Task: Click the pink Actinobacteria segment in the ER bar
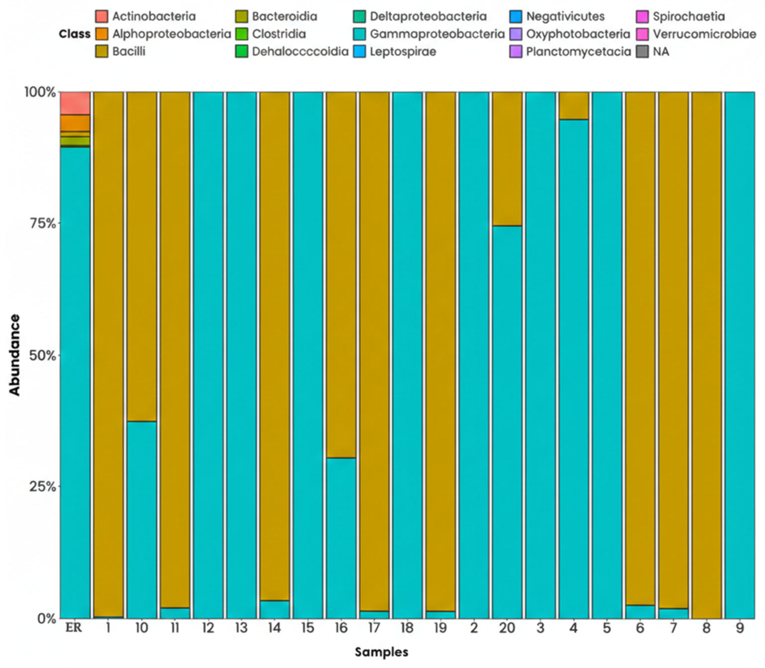pyautogui.click(x=75, y=103)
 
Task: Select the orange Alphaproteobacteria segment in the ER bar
pyautogui.click(x=75, y=123)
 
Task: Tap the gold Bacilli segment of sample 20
pyautogui.click(x=507, y=158)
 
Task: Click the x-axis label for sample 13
pyautogui.click(x=242, y=628)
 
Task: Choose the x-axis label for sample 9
pyautogui.click(x=740, y=628)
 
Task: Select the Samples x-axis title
pyautogui.click(x=381, y=652)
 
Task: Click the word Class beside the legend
pyautogui.click(x=74, y=34)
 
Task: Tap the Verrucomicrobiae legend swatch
pyautogui.click(x=642, y=34)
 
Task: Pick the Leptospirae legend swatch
pyautogui.click(x=359, y=52)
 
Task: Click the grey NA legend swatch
pyautogui.click(x=642, y=52)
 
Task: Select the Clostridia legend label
pyautogui.click(x=279, y=34)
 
